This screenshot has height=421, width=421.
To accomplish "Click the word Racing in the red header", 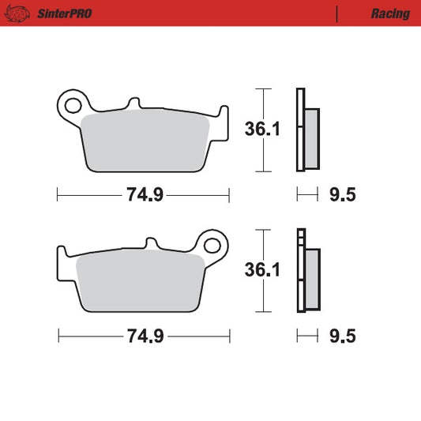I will click(390, 13).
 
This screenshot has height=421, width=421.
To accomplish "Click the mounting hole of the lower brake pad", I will click(212, 242).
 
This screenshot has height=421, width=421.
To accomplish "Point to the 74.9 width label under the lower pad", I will click(145, 336).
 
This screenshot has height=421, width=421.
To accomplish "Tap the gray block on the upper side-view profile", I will click(310, 137).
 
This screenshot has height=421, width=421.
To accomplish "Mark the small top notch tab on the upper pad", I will click(134, 103).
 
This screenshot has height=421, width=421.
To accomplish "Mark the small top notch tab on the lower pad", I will click(151, 243).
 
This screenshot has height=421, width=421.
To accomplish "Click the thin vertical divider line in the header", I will click(337, 13).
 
